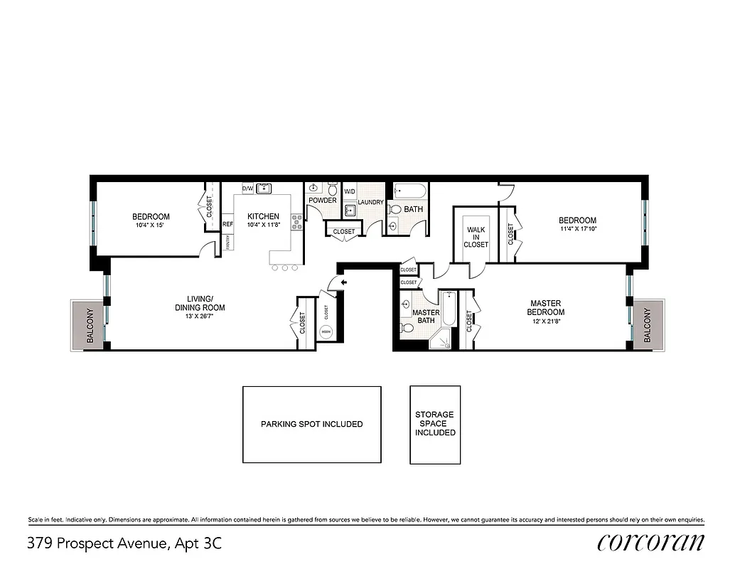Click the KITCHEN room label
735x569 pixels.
click(x=263, y=216)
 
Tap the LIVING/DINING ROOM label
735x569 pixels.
click(x=205, y=303)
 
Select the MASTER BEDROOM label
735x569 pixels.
click(x=547, y=307)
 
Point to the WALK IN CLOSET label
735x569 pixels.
click(x=476, y=238)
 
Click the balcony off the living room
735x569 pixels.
click(x=89, y=326)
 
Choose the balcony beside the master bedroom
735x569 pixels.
click(x=648, y=326)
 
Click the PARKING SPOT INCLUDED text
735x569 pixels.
click(x=311, y=424)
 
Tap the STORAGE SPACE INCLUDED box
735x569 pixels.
click(x=435, y=424)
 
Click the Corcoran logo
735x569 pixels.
click(x=651, y=543)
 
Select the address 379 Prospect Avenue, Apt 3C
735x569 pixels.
click(x=124, y=544)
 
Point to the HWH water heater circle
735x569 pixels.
click(x=326, y=332)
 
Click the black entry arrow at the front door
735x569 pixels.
click(x=344, y=283)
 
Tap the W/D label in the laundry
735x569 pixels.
click(x=350, y=192)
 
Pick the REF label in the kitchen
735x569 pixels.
click(x=227, y=224)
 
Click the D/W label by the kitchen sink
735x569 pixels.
click(x=248, y=188)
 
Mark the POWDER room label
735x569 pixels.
click(x=322, y=201)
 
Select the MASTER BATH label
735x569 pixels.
click(x=426, y=317)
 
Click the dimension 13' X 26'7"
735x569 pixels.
click(x=205, y=317)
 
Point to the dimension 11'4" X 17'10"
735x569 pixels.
click(x=577, y=230)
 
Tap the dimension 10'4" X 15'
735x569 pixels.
click(x=151, y=225)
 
